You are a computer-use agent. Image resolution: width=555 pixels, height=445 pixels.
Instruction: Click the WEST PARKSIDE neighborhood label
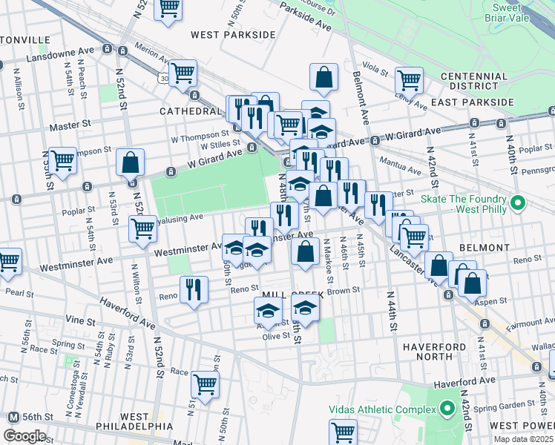tap(227, 34)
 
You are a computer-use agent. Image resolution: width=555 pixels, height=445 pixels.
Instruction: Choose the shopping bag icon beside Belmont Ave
tap(324, 76)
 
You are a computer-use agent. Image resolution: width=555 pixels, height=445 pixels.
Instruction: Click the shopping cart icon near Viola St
tap(409, 79)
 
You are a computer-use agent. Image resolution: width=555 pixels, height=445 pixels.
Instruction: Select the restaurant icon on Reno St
tap(194, 289)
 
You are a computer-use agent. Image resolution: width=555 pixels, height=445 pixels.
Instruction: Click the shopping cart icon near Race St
tap(205, 383)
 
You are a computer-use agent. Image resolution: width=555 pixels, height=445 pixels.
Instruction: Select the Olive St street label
tap(275, 336)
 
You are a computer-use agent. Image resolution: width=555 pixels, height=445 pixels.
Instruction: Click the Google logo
tap(24, 436)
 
